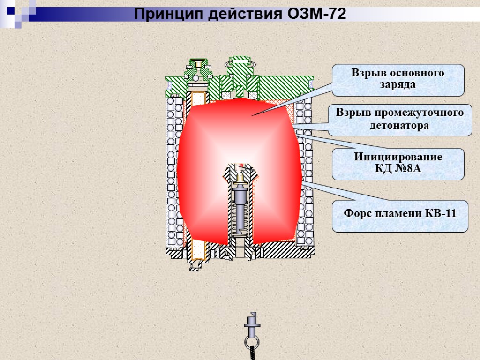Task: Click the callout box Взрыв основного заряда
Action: click(x=398, y=80)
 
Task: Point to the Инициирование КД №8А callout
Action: click(x=398, y=164)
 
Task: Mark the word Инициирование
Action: click(x=398, y=157)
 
